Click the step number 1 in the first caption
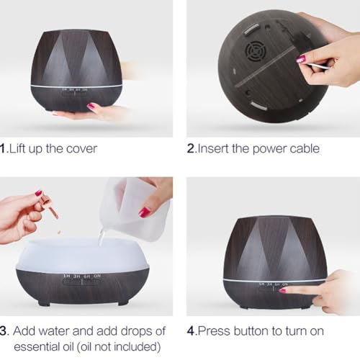tap(3, 148)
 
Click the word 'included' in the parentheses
tap(135, 347)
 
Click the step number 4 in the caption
tap(190, 331)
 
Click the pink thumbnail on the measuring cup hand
tap(145, 212)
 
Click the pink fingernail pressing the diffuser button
tap(282, 291)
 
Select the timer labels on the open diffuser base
tap(82, 276)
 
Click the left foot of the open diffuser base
tap(44, 303)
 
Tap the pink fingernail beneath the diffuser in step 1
tap(92, 106)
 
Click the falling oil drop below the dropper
tap(59, 232)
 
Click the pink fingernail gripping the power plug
tap(301, 58)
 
